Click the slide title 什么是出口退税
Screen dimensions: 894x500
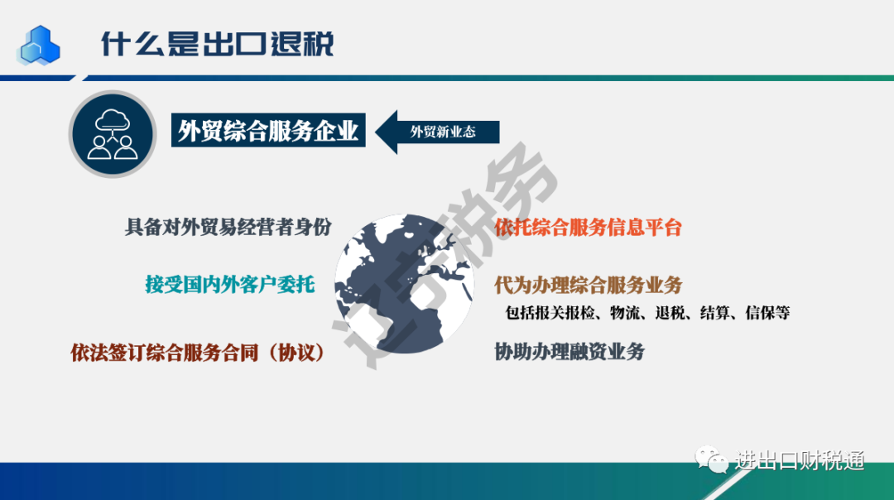(x=217, y=43)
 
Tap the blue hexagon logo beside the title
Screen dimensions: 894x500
(x=39, y=45)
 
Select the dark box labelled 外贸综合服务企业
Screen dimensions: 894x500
(x=268, y=131)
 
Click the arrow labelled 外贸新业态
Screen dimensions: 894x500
(x=437, y=132)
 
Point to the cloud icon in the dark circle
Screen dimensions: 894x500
(x=113, y=121)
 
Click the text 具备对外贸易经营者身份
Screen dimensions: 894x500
(x=228, y=227)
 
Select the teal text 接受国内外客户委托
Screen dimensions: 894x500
(x=230, y=284)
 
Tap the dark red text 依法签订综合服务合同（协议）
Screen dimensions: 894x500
(x=198, y=353)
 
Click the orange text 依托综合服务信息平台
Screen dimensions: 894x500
(x=588, y=228)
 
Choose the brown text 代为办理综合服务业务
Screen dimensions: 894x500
(x=588, y=285)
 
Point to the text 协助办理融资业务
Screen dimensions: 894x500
(x=569, y=352)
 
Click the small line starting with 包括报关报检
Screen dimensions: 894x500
(x=647, y=312)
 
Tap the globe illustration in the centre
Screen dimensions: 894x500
(x=404, y=283)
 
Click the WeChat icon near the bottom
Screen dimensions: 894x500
(x=711, y=459)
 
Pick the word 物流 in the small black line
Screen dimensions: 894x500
(x=625, y=312)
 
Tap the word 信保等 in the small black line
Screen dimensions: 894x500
(x=767, y=312)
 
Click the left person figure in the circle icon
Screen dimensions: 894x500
(x=99, y=147)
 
